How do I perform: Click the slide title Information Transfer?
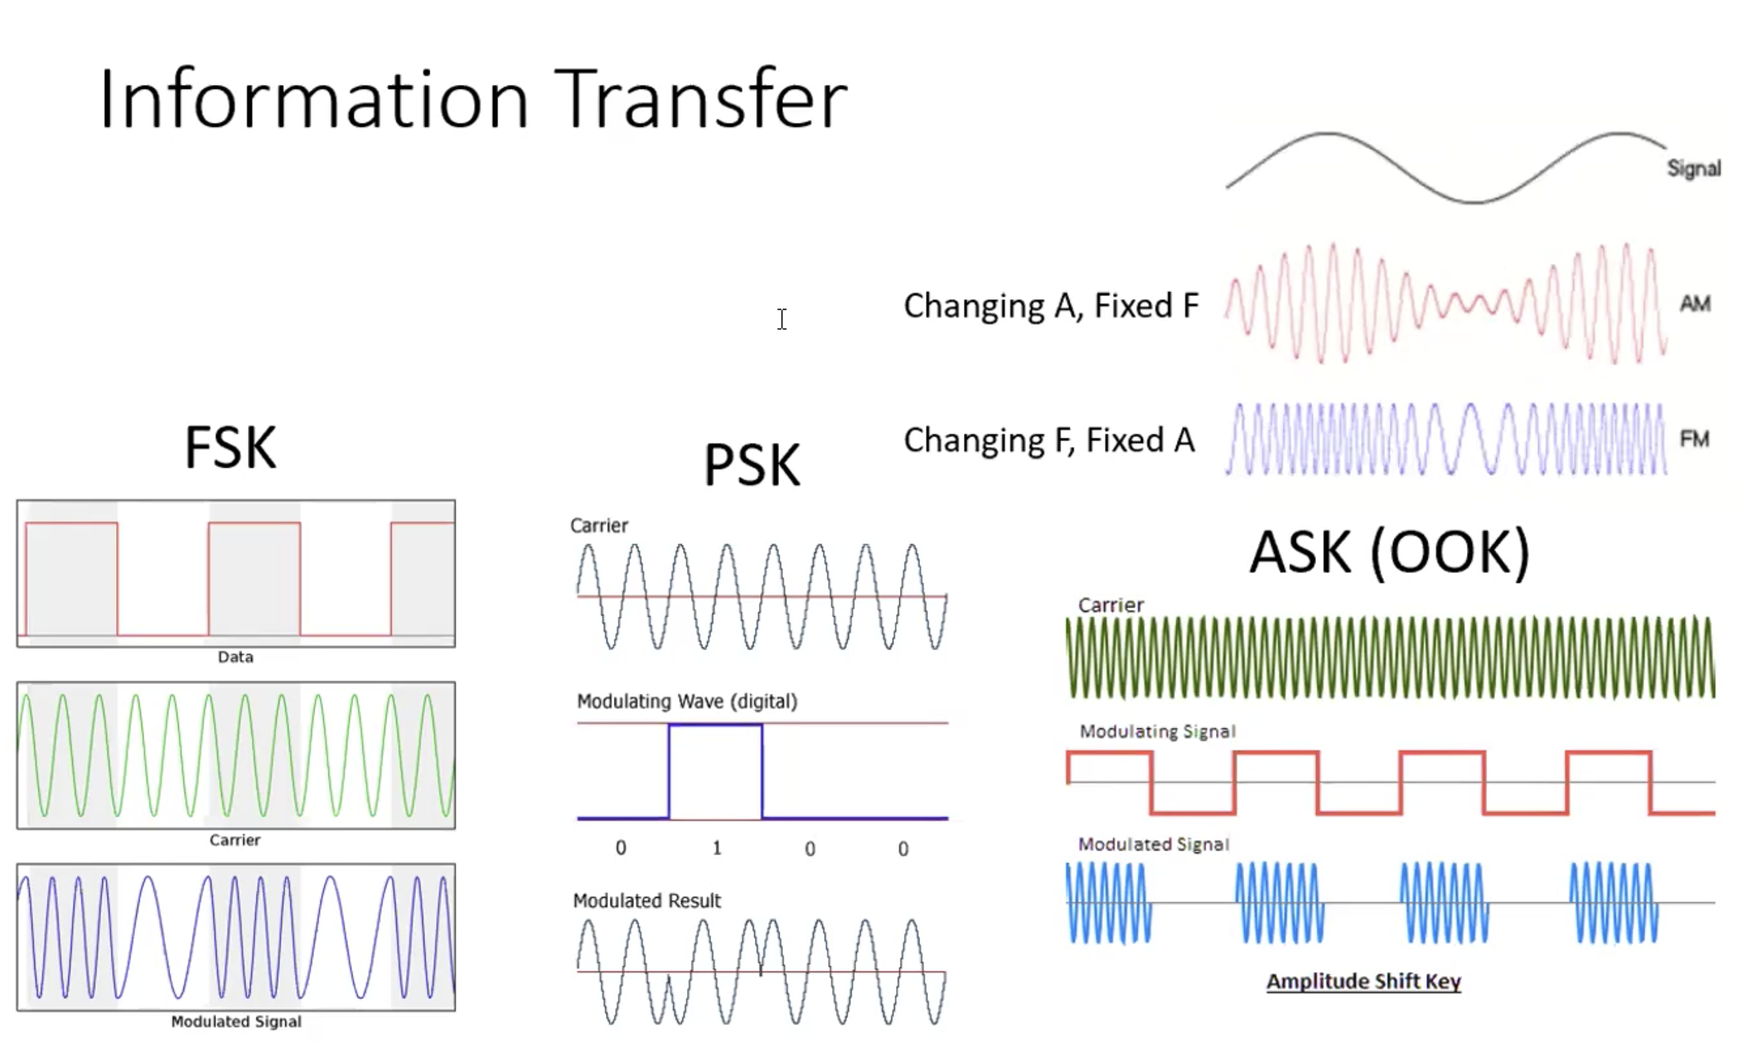pyautogui.click(x=474, y=99)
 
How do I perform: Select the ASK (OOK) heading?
pyautogui.click(x=1390, y=553)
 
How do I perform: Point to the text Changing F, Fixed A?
pyautogui.click(x=1049, y=441)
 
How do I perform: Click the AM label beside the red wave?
pyautogui.click(x=1695, y=303)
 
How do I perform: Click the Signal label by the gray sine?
pyautogui.click(x=1694, y=168)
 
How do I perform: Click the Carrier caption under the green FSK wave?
pyautogui.click(x=235, y=840)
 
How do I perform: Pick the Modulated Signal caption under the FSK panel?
pyautogui.click(x=236, y=1022)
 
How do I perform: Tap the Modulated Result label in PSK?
pyautogui.click(x=646, y=901)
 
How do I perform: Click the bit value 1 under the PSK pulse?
pyautogui.click(x=717, y=848)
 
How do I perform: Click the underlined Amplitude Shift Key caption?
pyautogui.click(x=1363, y=982)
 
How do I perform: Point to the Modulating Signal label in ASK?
pyautogui.click(x=1157, y=731)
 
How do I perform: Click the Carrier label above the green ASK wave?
pyautogui.click(x=1111, y=605)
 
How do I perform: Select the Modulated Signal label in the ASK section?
pyautogui.click(x=1154, y=844)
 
